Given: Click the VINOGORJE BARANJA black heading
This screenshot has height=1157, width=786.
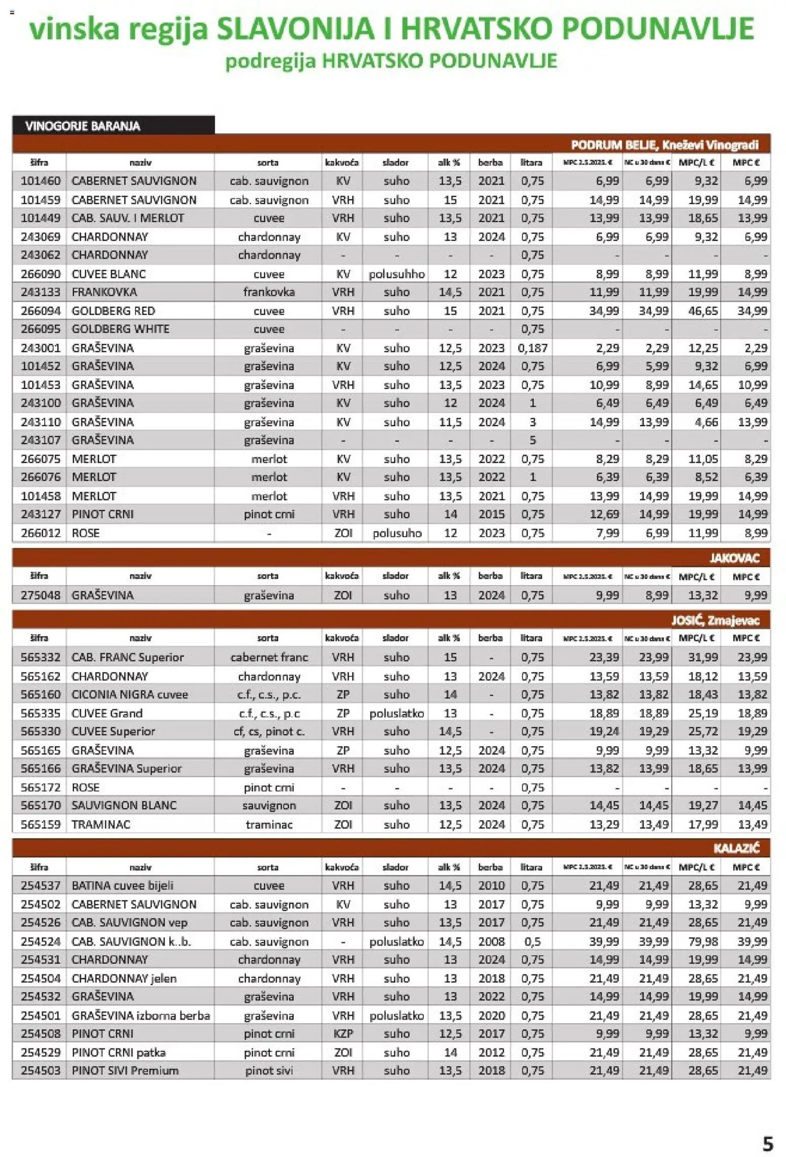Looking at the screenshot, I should (x=83, y=126).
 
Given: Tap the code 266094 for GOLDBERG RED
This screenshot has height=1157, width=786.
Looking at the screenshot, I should (x=40, y=311).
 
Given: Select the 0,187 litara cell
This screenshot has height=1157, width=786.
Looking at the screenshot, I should (x=532, y=348).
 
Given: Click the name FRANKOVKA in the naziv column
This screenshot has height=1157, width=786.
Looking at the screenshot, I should (x=104, y=292).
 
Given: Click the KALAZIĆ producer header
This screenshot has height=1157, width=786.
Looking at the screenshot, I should (x=736, y=848).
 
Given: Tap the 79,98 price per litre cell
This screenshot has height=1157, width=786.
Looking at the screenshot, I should (x=703, y=942).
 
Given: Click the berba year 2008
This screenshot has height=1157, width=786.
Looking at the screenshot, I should (x=491, y=942).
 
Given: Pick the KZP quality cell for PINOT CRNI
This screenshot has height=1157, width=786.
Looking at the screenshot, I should (x=343, y=1034).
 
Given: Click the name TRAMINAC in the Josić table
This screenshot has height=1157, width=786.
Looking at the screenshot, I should (x=100, y=824).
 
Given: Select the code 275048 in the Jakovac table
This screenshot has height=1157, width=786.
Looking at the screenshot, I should (x=40, y=595).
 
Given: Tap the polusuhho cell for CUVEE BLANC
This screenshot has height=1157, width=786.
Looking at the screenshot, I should (x=397, y=274).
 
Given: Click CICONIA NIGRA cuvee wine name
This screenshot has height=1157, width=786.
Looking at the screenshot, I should (x=129, y=695).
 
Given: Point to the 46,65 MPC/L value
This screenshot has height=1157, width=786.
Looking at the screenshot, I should (x=703, y=311).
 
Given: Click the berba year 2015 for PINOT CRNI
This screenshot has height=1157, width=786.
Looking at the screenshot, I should (x=491, y=514).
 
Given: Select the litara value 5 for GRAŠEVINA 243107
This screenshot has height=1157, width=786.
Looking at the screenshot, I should (x=532, y=440).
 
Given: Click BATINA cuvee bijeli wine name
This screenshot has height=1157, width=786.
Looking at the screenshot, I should (x=122, y=886).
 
